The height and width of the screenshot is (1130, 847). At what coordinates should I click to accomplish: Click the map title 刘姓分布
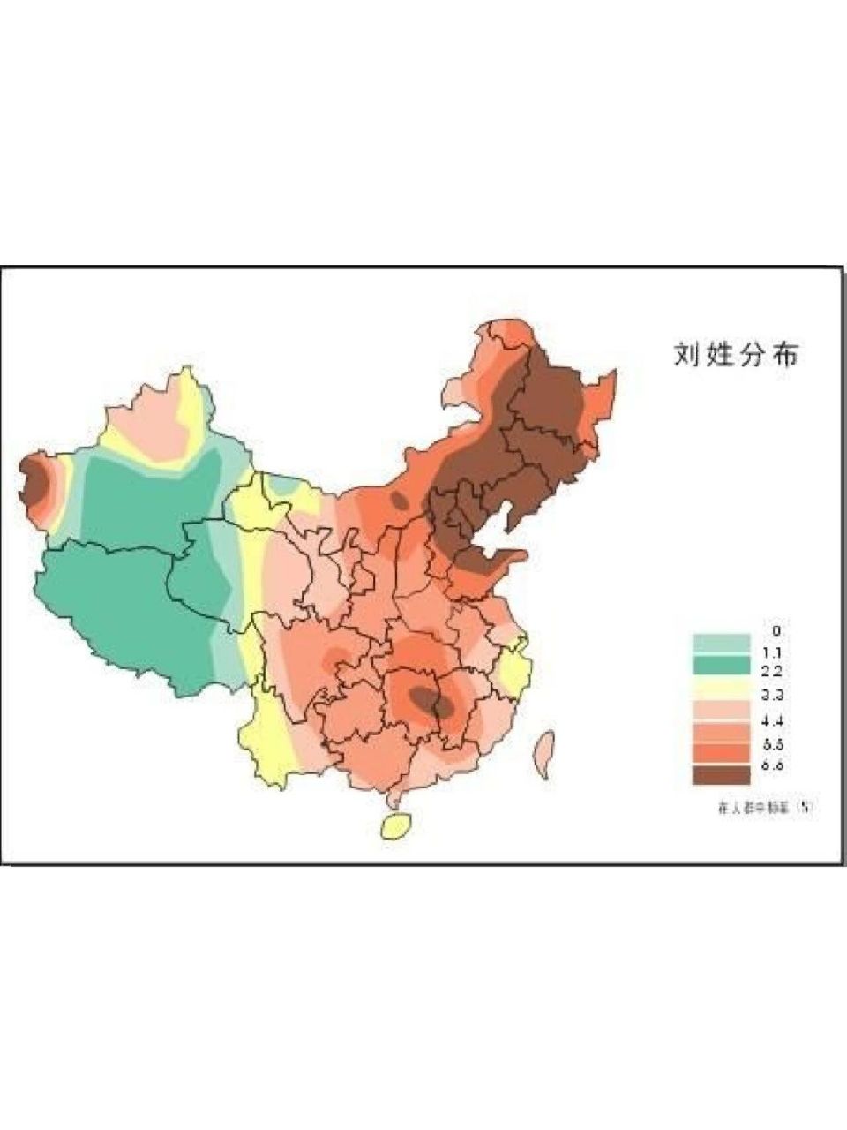coord(736,354)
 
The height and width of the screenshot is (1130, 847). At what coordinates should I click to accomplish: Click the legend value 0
coord(776,630)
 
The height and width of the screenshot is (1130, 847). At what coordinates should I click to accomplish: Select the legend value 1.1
coord(775,652)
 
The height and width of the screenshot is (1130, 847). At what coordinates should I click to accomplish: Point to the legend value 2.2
coord(775,672)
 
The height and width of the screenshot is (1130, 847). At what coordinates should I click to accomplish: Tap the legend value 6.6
coord(775,766)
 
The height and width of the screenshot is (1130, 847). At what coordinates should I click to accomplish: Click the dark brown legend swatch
coord(721,775)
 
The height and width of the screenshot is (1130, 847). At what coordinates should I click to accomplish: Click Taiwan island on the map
coord(543,754)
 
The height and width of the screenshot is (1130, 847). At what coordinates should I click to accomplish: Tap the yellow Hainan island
coord(395,825)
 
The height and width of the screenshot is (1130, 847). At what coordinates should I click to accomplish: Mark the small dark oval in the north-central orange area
coord(400,501)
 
